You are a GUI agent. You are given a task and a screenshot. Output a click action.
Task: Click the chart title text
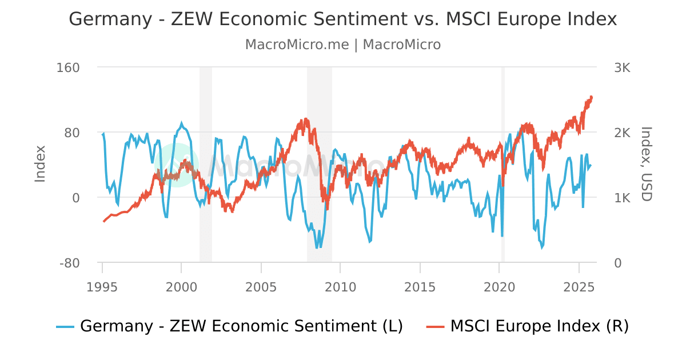[x=343, y=19]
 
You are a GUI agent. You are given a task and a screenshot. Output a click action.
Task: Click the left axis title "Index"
[x=40, y=164]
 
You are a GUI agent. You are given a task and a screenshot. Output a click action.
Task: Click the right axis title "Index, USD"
[x=646, y=164]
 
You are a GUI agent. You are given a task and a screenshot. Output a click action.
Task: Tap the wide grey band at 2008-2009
[x=320, y=114]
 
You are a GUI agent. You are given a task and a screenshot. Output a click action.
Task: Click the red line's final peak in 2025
[x=591, y=97]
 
